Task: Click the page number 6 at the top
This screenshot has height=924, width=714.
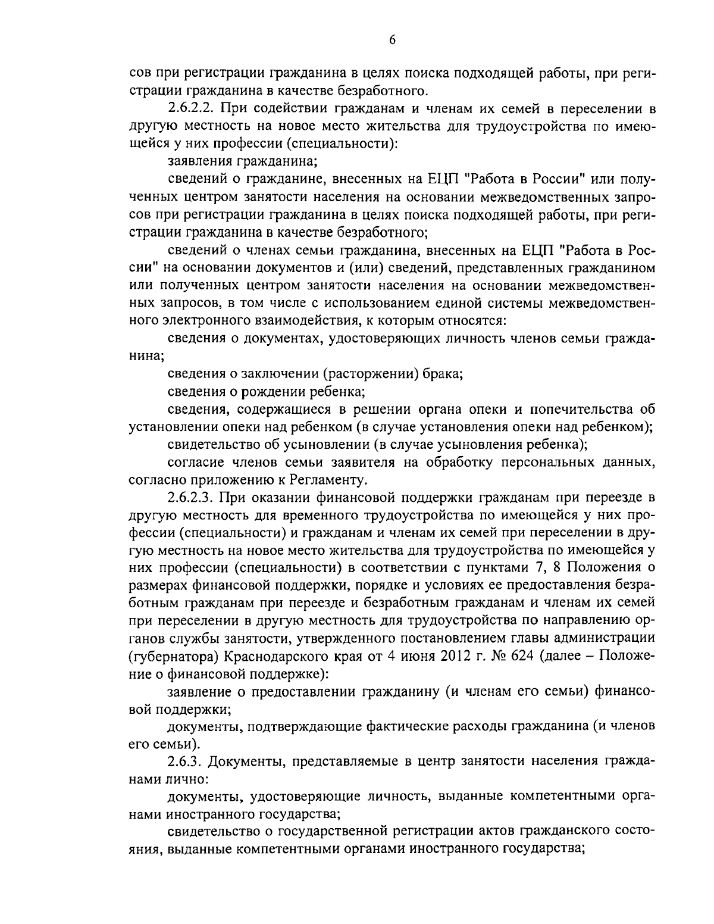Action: click(392, 40)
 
